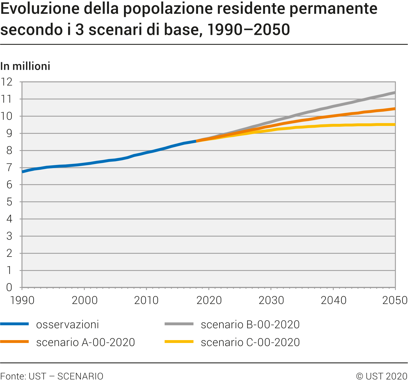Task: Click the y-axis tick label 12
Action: tap(6, 82)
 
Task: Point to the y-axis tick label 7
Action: tap(9, 168)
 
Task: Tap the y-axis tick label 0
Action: tap(9, 288)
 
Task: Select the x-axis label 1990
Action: tap(22, 301)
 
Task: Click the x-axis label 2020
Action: tap(209, 301)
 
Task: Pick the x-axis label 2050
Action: tap(395, 301)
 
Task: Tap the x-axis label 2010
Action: tap(146, 301)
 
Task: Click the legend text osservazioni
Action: tap(68, 325)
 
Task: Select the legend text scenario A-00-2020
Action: tap(85, 342)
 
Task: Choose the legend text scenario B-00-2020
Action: tap(250, 325)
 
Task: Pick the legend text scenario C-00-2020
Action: tap(250, 342)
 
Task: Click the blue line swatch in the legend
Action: tap(15, 324)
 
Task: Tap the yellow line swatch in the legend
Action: tap(179, 342)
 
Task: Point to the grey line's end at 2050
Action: tap(395, 93)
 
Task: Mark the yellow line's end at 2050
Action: tap(395, 125)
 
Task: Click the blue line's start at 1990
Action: tap(23, 172)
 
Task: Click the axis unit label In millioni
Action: tap(25, 67)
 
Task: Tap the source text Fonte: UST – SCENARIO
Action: tap(52, 376)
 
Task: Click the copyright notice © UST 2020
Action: tap(381, 376)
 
